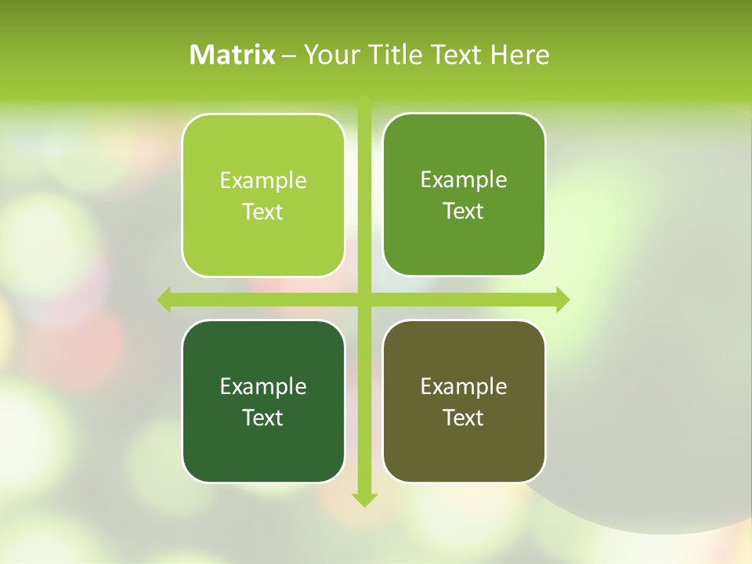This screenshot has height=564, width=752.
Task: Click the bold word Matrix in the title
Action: (233, 55)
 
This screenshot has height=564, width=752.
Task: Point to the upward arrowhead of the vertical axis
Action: (364, 101)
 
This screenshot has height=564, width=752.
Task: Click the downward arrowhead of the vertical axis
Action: (364, 499)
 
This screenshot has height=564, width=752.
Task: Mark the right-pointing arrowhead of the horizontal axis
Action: (562, 299)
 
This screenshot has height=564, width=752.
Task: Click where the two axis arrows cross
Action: (364, 299)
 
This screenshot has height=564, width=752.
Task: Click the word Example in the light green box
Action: (263, 181)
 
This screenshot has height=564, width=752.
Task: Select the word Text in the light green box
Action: (263, 212)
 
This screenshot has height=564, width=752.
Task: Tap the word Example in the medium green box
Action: (464, 180)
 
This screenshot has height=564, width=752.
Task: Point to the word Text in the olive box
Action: (464, 418)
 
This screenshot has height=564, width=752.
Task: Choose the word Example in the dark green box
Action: (263, 387)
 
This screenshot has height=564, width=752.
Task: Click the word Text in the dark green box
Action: (263, 418)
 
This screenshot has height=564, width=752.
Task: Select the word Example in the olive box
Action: (464, 387)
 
